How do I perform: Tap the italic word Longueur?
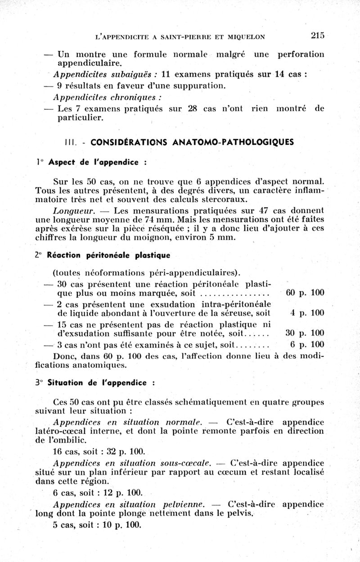tap(73, 210)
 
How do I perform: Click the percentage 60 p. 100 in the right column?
tap(305, 293)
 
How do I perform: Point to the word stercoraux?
tap(224, 199)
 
